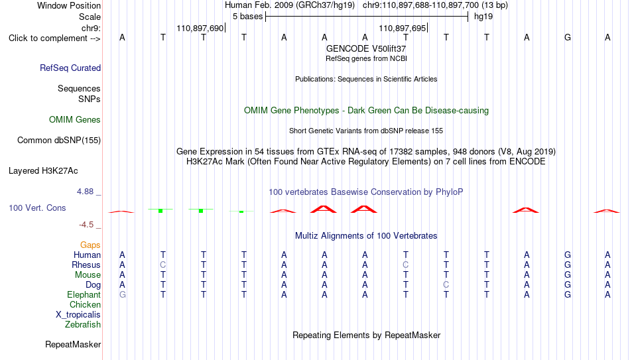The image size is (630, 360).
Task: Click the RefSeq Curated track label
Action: point(70,68)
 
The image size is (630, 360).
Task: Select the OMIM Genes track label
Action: point(75,120)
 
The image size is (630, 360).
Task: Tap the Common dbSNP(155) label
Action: point(59,141)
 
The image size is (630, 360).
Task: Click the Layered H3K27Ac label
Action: point(43,171)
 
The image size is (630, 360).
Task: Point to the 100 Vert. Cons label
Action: point(37,208)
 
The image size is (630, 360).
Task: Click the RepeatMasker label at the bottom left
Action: point(73,344)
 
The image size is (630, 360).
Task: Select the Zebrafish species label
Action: point(83,324)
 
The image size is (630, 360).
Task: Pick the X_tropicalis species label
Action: point(78,315)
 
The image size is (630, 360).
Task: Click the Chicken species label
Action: point(85,304)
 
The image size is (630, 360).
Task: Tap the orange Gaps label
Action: point(90,245)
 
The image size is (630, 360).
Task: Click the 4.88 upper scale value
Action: point(85,192)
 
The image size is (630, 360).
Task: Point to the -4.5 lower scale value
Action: point(86,225)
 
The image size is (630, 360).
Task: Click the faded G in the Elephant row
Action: point(123,294)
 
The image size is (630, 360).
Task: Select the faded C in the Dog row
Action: point(446,284)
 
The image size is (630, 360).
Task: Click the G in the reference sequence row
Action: point(567,37)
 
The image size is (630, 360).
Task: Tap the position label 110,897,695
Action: point(402,28)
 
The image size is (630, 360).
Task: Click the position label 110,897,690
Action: point(200,28)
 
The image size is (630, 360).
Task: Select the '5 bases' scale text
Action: point(247,17)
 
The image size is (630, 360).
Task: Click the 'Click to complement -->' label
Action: point(54,38)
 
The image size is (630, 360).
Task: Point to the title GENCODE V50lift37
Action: point(366,48)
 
